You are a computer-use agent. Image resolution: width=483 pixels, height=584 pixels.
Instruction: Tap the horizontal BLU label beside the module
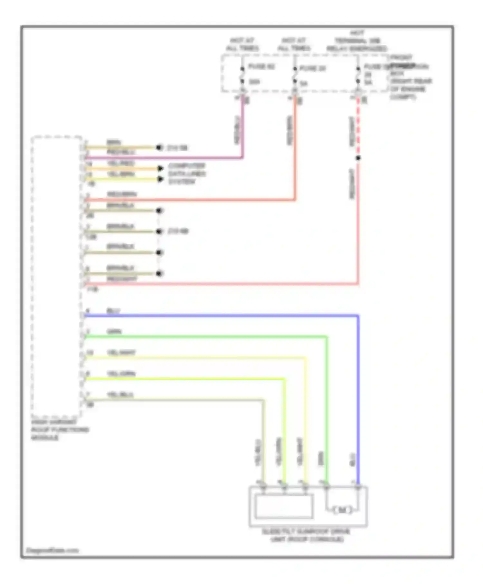point(113,311)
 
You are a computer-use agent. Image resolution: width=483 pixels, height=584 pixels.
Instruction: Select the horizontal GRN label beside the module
point(114,332)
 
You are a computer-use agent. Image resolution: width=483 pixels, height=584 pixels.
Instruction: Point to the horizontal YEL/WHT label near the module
point(121,353)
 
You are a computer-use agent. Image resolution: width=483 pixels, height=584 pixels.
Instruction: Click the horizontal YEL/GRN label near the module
point(121,374)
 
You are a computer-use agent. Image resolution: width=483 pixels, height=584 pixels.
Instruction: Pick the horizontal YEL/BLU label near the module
point(120,395)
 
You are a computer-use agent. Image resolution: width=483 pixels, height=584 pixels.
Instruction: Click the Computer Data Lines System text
point(187,174)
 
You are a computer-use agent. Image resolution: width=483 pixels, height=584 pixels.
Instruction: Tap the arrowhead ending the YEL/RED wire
point(160,168)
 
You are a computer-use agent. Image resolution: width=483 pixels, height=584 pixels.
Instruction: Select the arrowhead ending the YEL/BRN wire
point(160,179)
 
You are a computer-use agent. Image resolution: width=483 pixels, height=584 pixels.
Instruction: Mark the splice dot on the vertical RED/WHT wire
point(358,158)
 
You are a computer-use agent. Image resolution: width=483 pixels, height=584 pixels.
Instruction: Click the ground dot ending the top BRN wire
point(158,147)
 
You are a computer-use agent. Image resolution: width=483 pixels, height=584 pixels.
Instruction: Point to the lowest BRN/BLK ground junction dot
point(159,274)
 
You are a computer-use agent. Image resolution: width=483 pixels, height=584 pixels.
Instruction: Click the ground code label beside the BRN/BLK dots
point(178,231)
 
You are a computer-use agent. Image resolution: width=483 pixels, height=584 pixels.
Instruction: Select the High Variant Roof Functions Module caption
point(60,430)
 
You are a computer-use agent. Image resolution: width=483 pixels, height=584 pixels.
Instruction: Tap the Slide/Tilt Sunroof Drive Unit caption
point(307,535)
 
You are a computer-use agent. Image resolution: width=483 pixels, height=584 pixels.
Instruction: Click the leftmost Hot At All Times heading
point(242,44)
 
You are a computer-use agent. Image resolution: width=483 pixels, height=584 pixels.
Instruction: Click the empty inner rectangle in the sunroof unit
point(284,506)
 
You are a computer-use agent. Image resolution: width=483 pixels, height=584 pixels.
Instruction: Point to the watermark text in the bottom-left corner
point(52,551)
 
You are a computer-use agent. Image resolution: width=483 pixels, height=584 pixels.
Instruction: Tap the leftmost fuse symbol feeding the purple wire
point(242,75)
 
